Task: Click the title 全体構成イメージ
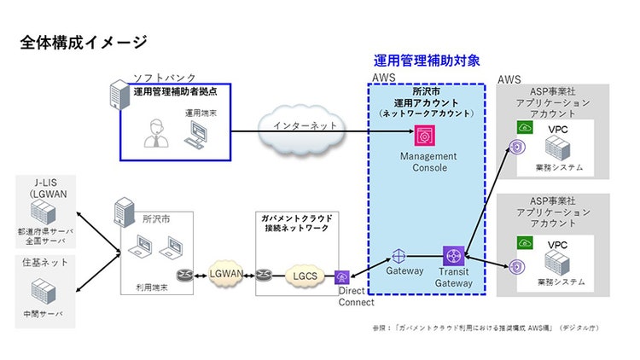click(x=83, y=42)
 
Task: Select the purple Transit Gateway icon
click(x=452, y=256)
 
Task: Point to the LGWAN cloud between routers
click(x=225, y=273)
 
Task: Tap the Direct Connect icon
click(x=342, y=276)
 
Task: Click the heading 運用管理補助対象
click(x=427, y=61)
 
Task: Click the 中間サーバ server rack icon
click(x=43, y=293)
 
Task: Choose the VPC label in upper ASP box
click(x=558, y=130)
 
